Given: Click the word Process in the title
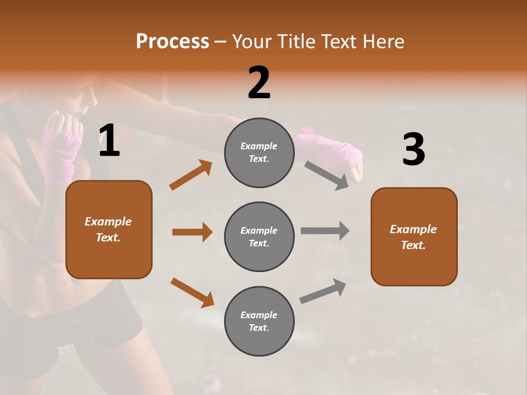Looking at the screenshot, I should pos(172,41).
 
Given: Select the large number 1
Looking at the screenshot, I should pos(109,141).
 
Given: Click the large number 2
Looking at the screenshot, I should pos(259,82).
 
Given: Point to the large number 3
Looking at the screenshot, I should pos(413,150).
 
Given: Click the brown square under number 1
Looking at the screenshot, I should pos(109,229).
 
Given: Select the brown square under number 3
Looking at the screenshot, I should pos(414,236).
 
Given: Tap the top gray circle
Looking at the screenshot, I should pos(259,153).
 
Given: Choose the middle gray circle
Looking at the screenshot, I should pos(259,236).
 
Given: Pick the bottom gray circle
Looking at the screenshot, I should pos(259,321).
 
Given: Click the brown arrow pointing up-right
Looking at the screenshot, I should pos(190,175).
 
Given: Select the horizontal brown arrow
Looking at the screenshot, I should pos(192,232).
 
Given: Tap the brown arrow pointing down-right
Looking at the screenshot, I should pos(192,292).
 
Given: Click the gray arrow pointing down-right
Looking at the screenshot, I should pos(326,175).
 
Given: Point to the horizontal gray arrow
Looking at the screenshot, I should pos(324,231).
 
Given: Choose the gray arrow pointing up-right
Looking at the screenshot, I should pos(323,291).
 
